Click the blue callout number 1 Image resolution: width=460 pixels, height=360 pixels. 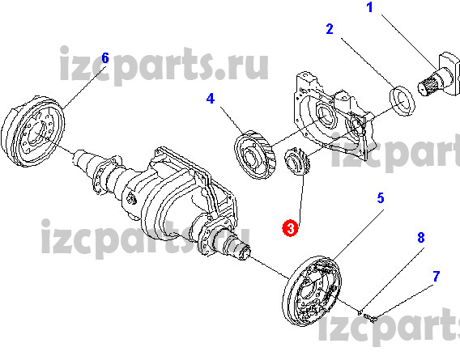(x=370, y=7)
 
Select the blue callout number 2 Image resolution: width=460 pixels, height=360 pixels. (x=330, y=29)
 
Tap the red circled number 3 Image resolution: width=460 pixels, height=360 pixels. (x=290, y=228)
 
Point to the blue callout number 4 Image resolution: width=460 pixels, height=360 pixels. (x=211, y=99)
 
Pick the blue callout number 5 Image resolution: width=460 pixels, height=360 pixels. (x=381, y=198)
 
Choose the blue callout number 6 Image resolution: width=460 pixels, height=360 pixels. (x=105, y=58)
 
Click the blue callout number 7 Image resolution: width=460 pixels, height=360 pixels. (x=437, y=277)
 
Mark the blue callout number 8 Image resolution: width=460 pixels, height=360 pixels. (x=421, y=238)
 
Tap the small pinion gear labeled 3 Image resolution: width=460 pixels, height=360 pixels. (x=297, y=162)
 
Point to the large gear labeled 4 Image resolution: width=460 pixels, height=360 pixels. (x=255, y=155)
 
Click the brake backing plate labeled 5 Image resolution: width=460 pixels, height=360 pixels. (x=313, y=292)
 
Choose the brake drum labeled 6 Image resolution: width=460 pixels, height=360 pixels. (x=33, y=131)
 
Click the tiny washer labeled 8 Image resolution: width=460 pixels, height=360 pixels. (x=360, y=312)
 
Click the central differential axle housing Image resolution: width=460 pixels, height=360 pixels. (x=176, y=199)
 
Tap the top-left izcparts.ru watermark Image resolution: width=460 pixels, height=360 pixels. (x=164, y=66)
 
